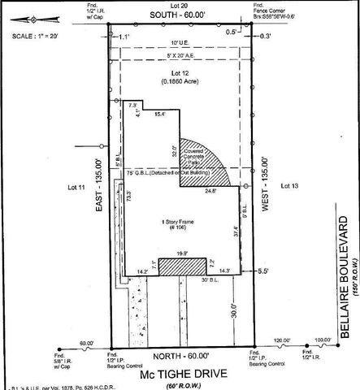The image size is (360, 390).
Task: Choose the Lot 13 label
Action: tap(290, 186)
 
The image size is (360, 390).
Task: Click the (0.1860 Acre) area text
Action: tap(182, 83)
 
